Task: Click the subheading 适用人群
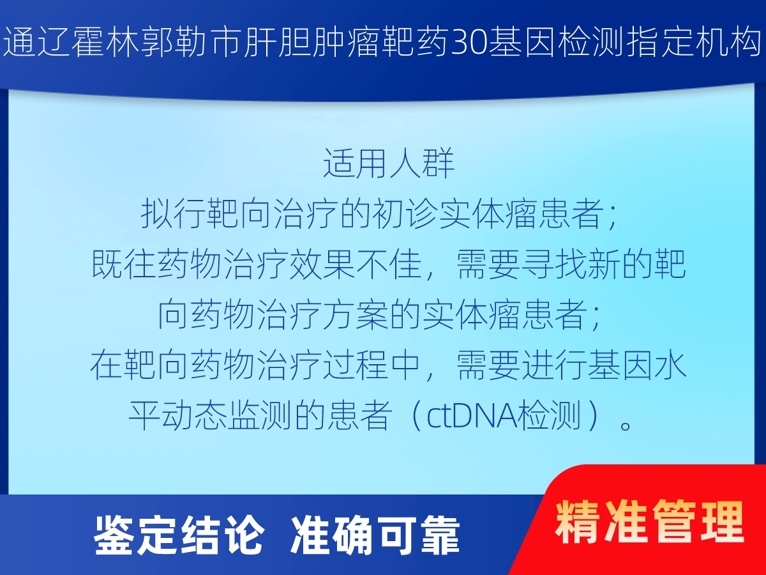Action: point(389,164)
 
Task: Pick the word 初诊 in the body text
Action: point(405,213)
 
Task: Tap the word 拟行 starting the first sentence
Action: point(174,213)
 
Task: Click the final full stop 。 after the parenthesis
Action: point(626,425)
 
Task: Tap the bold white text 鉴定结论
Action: point(179,536)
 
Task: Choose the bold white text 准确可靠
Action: point(375,536)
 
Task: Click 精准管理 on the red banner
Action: point(649,522)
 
